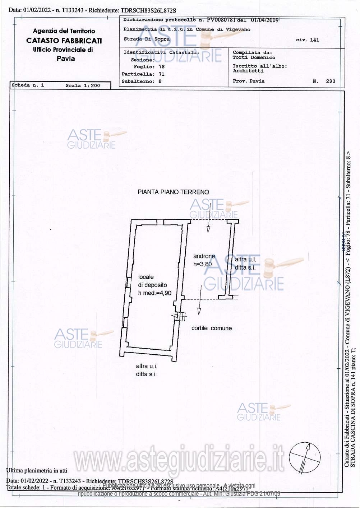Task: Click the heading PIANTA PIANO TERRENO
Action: pos(173,192)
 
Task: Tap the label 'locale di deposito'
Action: pos(152,281)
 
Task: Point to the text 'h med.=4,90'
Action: pos(154,293)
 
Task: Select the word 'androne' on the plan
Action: pos(204,256)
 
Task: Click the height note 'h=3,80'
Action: pos(203,264)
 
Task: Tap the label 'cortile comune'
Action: pos(211,328)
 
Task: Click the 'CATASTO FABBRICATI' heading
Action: pos(64,41)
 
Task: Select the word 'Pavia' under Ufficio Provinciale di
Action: pos(66,59)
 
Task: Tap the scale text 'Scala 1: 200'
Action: pos(83,85)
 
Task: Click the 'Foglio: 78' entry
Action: pos(149,67)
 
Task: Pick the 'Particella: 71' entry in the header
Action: pos(143,74)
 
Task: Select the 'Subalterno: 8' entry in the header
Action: pos(142,81)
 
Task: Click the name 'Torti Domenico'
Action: pos(254,57)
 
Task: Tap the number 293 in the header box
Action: pos(330,81)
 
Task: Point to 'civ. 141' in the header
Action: pos(307,40)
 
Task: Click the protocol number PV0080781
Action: pos(221,20)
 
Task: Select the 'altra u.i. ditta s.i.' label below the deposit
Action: pos(146,370)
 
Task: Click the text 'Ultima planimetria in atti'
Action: pos(37,470)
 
